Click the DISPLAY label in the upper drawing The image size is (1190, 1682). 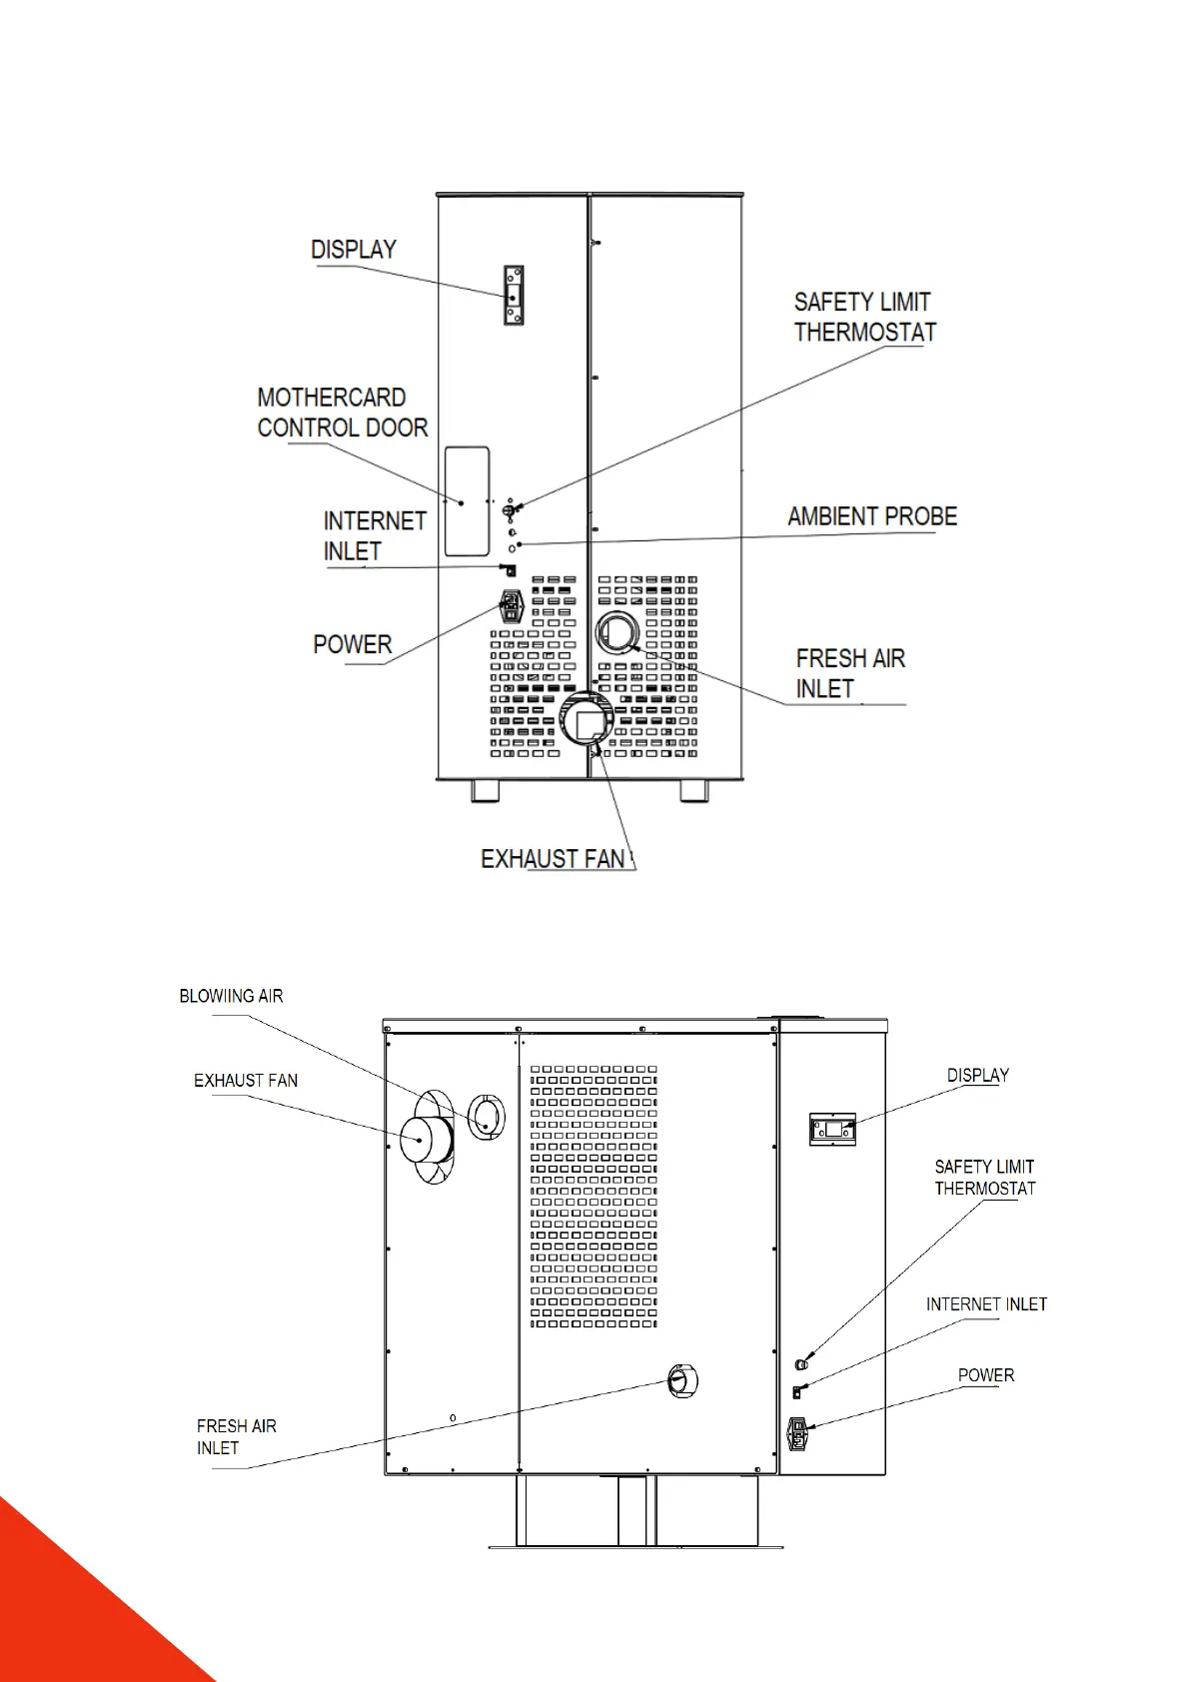pos(354,249)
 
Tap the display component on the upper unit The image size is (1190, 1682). pos(513,296)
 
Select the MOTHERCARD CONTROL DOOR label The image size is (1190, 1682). pos(342,413)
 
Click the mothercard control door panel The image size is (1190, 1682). pos(467,500)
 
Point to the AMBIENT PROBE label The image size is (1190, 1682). pos(871,516)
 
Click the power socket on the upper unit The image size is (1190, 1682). pos(512,605)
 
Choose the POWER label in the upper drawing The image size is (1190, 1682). pos(352,644)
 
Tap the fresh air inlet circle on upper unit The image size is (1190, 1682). pos(617,633)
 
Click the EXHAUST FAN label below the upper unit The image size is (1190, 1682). pos(553,859)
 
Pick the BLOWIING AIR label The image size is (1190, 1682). pos(231,996)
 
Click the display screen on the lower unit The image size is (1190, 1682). pos(832,1130)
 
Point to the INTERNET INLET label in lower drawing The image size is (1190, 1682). pos(986,1304)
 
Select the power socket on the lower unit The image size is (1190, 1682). pos(797,1434)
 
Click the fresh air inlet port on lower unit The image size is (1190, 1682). pos(679,1381)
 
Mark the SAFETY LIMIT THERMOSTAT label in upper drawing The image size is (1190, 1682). pos(864,317)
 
